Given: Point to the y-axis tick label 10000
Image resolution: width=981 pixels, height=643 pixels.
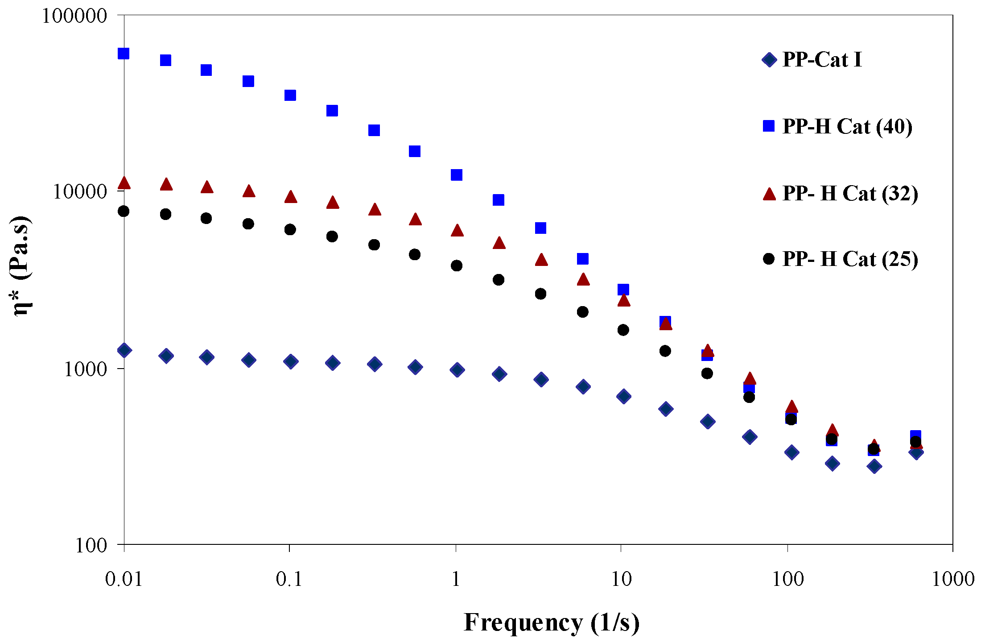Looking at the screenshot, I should pos(74,192).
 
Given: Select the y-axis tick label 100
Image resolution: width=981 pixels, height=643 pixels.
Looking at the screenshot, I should pos(91,546).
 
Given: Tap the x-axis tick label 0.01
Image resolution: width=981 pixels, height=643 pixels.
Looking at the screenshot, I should pos(124,579).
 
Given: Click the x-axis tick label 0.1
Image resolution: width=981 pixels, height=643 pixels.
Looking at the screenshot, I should pos(289,579).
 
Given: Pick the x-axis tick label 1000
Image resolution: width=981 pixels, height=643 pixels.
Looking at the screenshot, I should pos(953,579).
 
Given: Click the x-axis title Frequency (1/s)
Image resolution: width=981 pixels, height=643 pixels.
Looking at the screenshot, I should pos(552,622).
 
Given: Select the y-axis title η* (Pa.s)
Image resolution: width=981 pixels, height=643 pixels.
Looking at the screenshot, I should pos(20,266).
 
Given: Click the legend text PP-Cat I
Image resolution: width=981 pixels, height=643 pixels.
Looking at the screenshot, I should pos(822,60).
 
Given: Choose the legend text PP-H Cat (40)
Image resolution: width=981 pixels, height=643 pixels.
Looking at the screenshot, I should pos(847,127).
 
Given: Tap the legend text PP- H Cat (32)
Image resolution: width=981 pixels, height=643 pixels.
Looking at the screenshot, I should pos(850,194).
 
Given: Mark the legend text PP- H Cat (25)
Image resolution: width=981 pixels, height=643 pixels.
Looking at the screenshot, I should pos(850,259).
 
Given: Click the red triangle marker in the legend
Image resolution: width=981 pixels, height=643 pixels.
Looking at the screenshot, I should pos(769,194).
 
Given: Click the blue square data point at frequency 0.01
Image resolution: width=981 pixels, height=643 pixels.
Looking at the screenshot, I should pos(124,54).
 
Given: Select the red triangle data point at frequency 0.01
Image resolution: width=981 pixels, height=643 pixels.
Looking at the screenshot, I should pos(124,183).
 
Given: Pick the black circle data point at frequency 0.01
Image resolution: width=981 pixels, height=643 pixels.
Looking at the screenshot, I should pos(124,211).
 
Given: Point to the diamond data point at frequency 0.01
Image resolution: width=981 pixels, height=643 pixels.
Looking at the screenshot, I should pos(124,350).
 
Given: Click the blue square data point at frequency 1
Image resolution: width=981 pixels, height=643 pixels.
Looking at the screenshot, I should pos(457,175).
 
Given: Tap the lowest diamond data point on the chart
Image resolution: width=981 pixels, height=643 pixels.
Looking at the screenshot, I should pos(874,466).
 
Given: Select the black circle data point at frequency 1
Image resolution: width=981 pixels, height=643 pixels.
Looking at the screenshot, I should pos(457,265).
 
